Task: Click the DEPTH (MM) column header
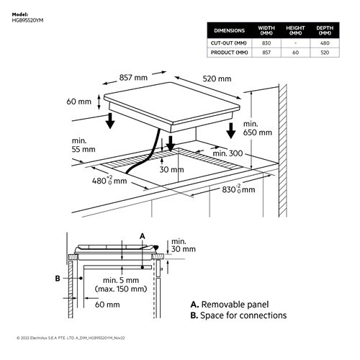tap(325, 30)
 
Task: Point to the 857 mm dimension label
tap(134, 76)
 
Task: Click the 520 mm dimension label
tap(217, 78)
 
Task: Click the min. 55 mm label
tap(84, 145)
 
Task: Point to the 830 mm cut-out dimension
tap(238, 189)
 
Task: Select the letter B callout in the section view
tap(58, 277)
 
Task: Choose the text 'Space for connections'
tap(243, 315)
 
